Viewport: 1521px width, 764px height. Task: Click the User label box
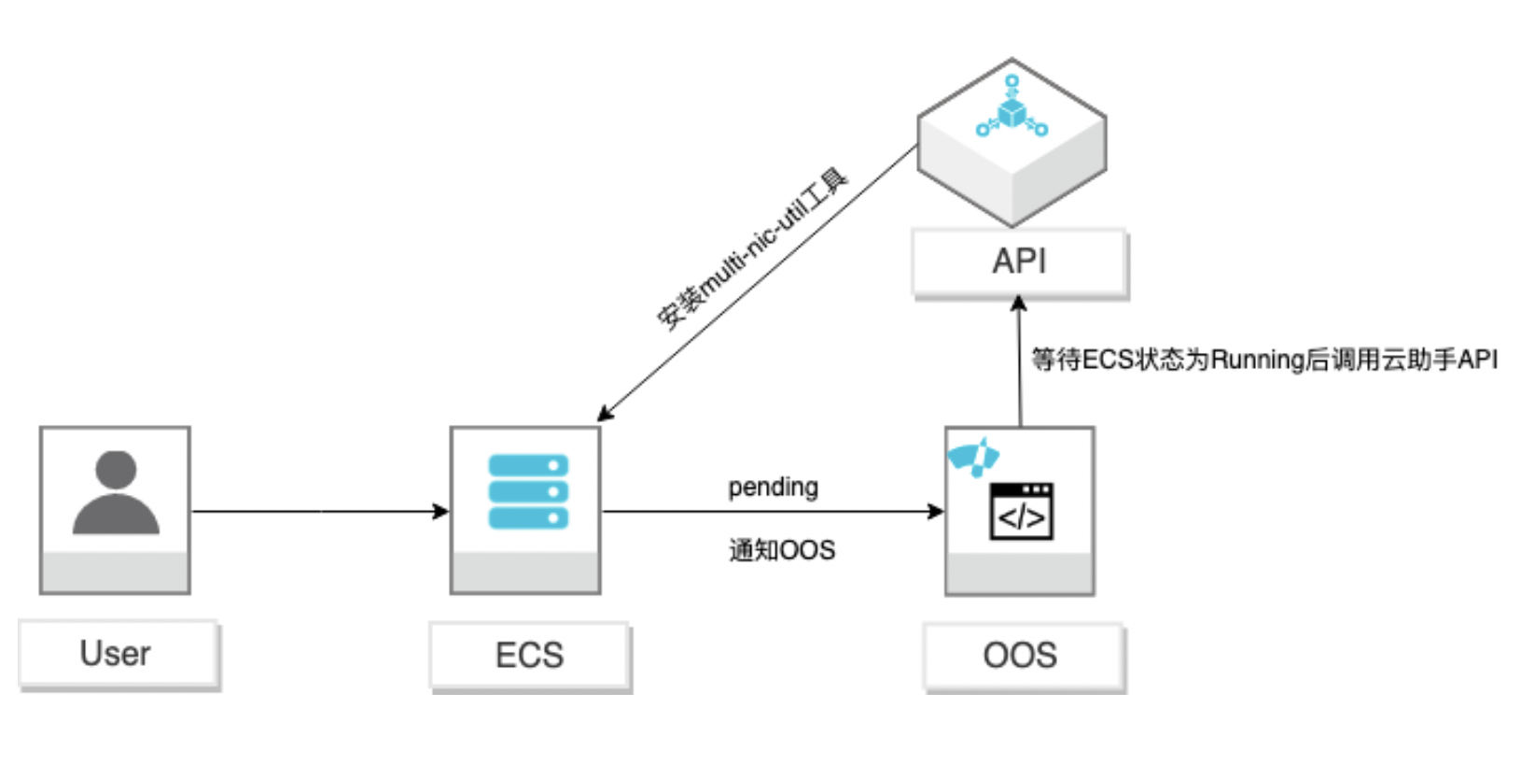[117, 654]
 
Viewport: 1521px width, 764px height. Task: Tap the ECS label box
[529, 656]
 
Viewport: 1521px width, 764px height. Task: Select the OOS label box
[1021, 656]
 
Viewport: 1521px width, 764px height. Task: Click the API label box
[1019, 262]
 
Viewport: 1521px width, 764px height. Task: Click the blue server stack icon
[528, 491]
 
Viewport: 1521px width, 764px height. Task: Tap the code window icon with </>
[1021, 512]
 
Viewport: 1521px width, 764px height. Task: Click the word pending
[773, 487]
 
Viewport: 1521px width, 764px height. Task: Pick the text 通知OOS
[782, 550]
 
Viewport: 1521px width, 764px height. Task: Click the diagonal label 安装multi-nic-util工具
[751, 249]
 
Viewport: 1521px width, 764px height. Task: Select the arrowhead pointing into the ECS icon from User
[441, 511]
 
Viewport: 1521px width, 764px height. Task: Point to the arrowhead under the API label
[1019, 304]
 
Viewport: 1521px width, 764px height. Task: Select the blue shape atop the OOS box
[973, 457]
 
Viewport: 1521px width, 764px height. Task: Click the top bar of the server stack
[528, 465]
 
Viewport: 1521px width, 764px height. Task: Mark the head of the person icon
[116, 470]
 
